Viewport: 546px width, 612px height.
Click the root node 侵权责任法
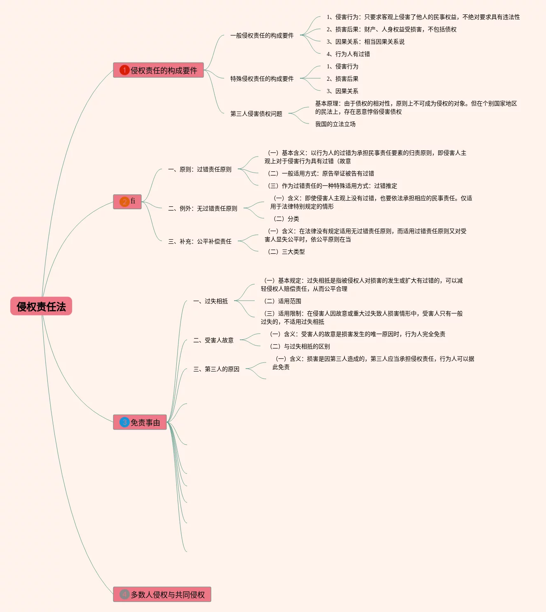click(41, 306)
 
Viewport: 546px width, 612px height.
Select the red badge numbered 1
click(124, 70)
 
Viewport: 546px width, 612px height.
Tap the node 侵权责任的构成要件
click(164, 70)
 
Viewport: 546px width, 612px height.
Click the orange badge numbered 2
click(124, 202)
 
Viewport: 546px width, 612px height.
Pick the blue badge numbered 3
click(124, 422)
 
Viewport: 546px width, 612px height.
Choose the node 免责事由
click(145, 423)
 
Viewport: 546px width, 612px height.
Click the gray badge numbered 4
click(124, 594)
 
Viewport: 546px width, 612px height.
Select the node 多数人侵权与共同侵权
click(168, 595)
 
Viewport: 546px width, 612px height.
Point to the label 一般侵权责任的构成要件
click(262, 35)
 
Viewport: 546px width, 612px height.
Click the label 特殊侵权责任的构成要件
click(262, 79)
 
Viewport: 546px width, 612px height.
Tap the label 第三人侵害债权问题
click(256, 114)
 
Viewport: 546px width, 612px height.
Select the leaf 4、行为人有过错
click(348, 54)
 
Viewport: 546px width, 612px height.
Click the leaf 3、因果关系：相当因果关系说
click(366, 42)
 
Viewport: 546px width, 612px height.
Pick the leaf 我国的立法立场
click(335, 124)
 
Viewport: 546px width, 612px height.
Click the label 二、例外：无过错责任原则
click(203, 208)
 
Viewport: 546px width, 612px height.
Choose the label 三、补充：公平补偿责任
click(200, 241)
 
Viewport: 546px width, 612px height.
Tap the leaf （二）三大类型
click(286, 252)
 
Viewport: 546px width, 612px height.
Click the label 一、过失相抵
click(211, 301)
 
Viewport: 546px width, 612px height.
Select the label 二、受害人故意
click(213, 340)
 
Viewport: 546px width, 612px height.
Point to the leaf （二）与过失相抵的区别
click(300, 346)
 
